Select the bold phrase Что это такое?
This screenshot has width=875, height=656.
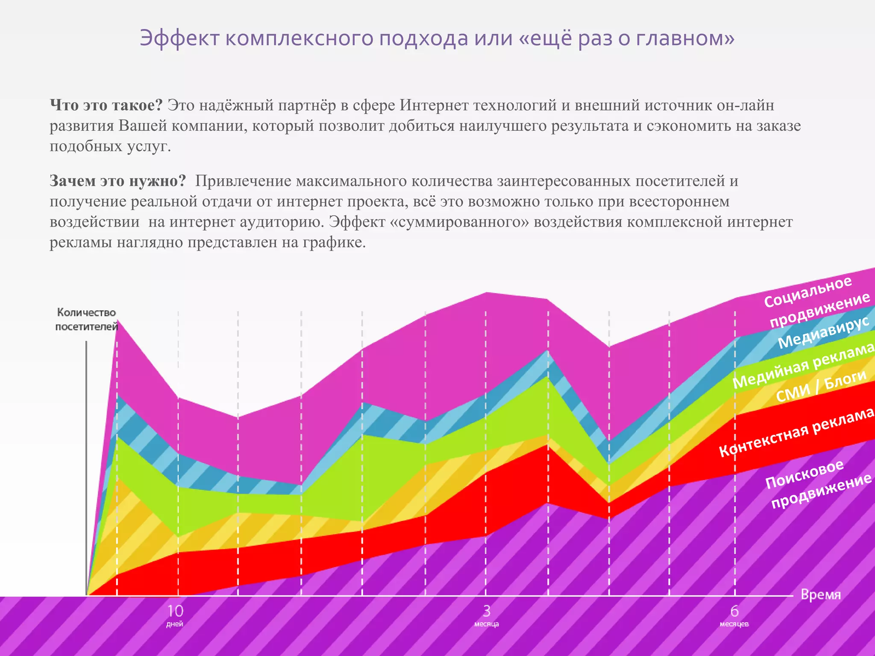106,105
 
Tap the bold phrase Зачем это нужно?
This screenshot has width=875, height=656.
117,181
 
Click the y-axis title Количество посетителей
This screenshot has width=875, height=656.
87,319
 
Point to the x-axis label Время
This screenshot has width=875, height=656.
820,594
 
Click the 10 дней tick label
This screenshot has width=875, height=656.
175,615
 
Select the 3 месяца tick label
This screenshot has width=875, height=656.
486,615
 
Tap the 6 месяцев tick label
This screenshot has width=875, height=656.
734,615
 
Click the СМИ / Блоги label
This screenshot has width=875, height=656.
820,387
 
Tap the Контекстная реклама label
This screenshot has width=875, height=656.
797,432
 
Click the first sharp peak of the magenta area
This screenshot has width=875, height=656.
117,321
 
